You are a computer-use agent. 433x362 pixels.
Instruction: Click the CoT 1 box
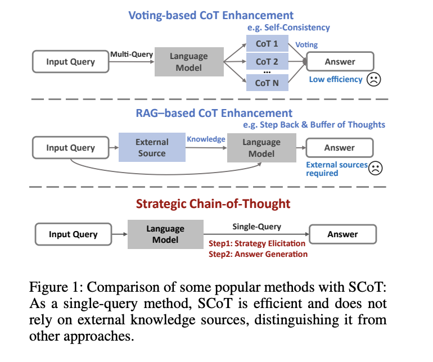point(267,43)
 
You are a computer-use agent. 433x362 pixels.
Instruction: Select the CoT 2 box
point(267,62)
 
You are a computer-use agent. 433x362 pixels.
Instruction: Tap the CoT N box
point(267,83)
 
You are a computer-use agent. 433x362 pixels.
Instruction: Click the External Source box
point(152,148)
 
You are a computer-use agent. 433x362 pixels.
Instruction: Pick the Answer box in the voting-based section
point(340,62)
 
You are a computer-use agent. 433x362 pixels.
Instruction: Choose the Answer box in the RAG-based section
point(339,148)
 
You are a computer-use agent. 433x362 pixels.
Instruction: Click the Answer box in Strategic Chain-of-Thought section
point(342,234)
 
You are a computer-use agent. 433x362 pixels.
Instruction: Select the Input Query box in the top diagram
point(70,62)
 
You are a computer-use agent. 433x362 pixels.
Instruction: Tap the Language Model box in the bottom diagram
point(165,234)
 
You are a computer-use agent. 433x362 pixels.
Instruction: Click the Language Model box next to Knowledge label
point(261,148)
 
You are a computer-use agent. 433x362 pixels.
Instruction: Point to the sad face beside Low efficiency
point(373,79)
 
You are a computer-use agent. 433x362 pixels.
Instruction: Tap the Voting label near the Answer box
point(307,44)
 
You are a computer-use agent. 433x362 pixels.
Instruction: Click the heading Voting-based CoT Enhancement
point(211,15)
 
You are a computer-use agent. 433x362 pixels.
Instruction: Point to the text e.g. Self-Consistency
point(288,27)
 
